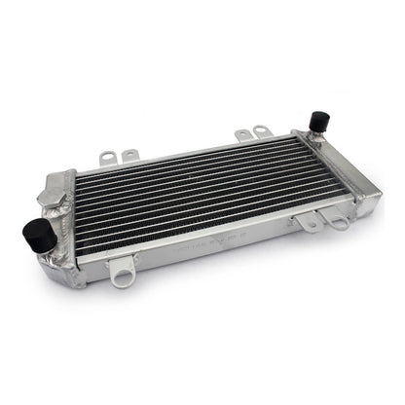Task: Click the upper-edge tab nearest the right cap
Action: tap(261, 129)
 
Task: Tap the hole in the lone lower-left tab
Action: tap(121, 280)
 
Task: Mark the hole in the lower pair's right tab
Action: tap(337, 222)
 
